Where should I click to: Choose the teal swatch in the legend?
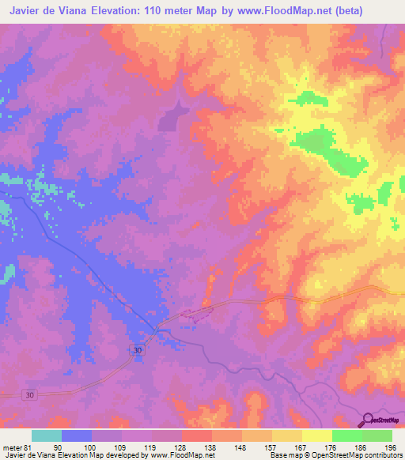click(x=47, y=435)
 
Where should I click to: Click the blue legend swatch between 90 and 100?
click(x=77, y=435)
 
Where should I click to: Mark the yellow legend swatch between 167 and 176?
click(x=317, y=435)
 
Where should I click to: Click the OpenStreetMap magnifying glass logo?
click(x=366, y=420)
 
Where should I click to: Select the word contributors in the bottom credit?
click(x=384, y=455)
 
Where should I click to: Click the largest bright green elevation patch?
click(x=316, y=145)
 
